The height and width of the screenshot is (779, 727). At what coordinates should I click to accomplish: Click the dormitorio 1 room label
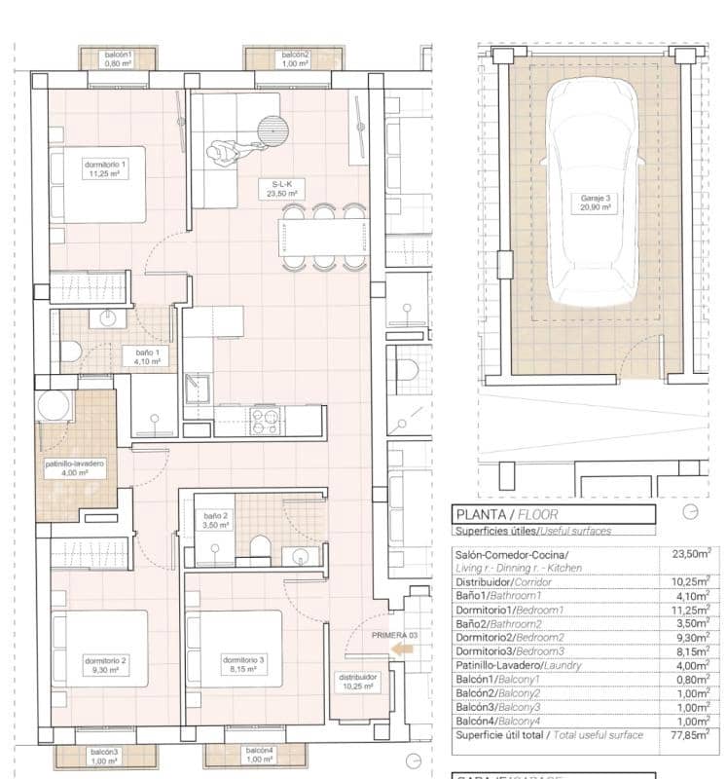click(105, 170)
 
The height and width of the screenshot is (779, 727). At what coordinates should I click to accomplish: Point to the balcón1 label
click(118, 58)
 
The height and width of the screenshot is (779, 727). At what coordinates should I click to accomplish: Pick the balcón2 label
click(294, 58)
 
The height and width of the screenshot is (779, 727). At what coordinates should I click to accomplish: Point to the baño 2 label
click(215, 520)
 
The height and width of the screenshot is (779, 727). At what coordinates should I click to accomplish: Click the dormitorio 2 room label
click(106, 665)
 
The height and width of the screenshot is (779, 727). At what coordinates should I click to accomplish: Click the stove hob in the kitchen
click(265, 421)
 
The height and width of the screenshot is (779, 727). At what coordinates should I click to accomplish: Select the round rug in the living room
click(273, 129)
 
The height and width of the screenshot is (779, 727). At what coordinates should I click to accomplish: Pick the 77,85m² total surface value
click(691, 737)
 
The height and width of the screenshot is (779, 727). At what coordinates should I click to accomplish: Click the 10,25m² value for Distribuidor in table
click(691, 581)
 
